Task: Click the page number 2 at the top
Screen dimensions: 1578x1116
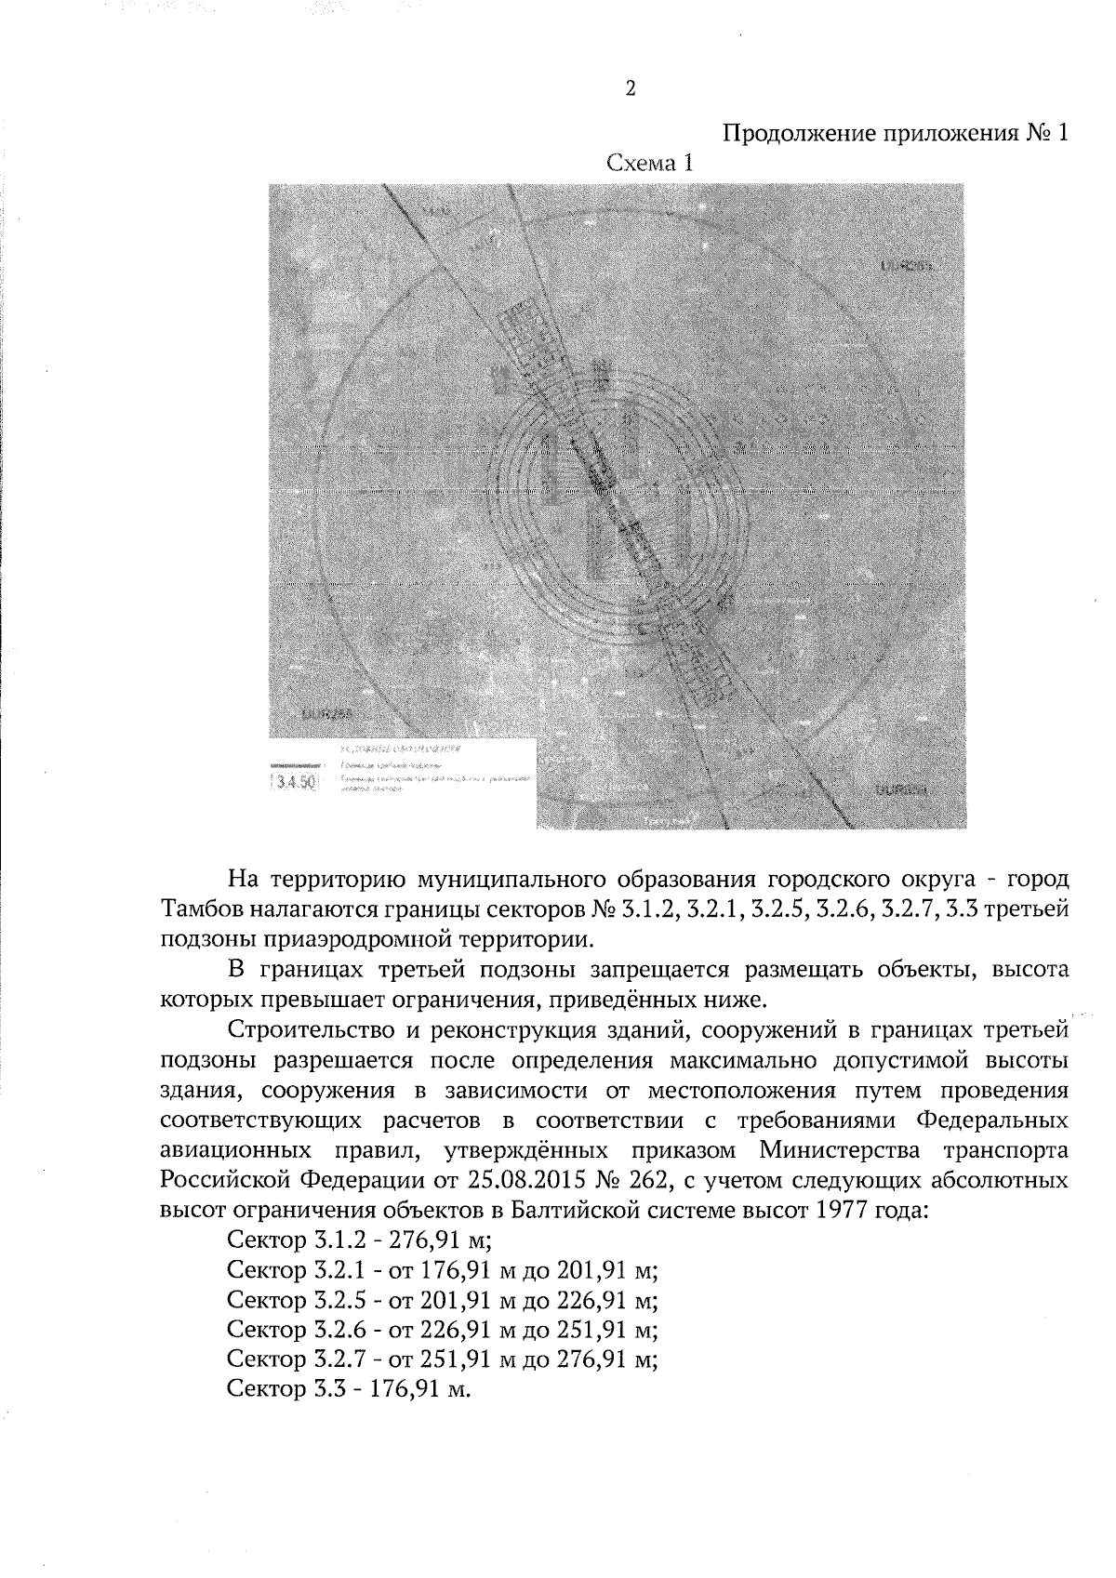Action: point(631,89)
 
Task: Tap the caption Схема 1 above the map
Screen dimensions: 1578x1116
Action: point(650,165)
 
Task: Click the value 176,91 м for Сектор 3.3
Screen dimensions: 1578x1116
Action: point(424,1391)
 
